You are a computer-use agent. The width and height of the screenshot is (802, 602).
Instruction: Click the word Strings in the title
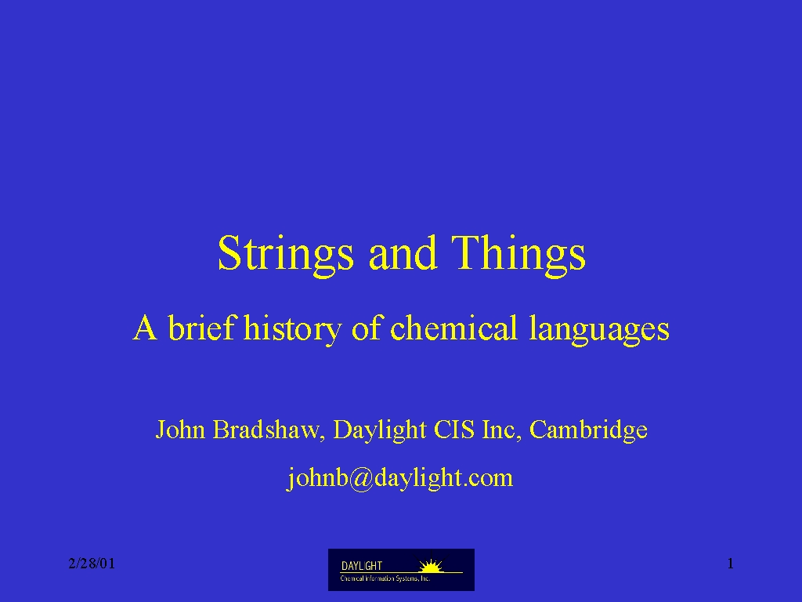tap(285, 255)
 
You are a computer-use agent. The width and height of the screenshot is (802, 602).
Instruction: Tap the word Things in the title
tap(518, 255)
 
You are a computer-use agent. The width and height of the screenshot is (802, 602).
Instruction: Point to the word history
tap(293, 328)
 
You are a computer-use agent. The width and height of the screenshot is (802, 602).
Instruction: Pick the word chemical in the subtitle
tap(453, 327)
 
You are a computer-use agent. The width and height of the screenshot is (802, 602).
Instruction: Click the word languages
tap(599, 328)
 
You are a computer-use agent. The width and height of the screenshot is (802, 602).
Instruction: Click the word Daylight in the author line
tap(380, 430)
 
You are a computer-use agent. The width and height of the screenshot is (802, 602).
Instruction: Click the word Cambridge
tap(588, 430)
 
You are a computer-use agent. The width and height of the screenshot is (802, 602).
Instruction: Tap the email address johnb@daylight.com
tap(399, 478)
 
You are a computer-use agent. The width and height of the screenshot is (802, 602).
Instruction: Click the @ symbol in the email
tap(362, 479)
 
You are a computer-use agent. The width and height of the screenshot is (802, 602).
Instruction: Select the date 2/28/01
tap(92, 564)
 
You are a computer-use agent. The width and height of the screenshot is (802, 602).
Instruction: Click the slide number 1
tap(731, 564)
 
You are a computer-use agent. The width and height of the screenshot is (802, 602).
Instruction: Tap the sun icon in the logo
tap(431, 566)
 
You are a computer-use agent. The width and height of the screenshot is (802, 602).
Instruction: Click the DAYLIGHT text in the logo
tap(362, 566)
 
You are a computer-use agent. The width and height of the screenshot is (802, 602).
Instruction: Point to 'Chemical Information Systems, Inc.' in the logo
tap(385, 578)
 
